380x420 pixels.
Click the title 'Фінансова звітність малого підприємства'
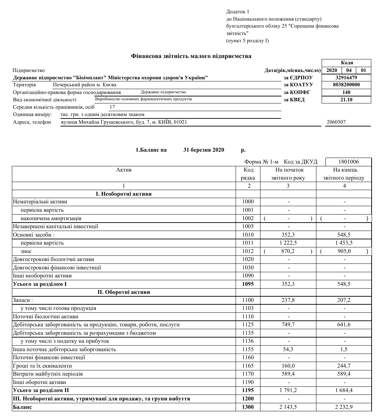[191, 56]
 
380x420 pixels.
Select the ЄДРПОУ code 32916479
[346, 78]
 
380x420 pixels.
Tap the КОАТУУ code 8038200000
[346, 85]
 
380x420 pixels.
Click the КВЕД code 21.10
[346, 100]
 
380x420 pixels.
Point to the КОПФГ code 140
[346, 92]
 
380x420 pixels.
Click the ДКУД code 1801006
[349, 162]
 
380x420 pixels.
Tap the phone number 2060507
[336, 122]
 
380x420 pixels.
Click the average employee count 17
[112, 107]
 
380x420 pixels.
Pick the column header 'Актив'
[124, 170]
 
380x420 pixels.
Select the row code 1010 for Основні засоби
[248, 235]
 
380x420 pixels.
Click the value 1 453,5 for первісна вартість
[344, 243]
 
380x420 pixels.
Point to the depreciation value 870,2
[288, 251]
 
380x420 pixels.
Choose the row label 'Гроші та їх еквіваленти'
[42, 366]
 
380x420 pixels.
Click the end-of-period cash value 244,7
[344, 366]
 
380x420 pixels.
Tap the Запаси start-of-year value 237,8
[288, 300]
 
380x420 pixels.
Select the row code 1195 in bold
[248, 390]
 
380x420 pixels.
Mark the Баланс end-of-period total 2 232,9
[344, 407]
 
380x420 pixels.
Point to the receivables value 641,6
[344, 325]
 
